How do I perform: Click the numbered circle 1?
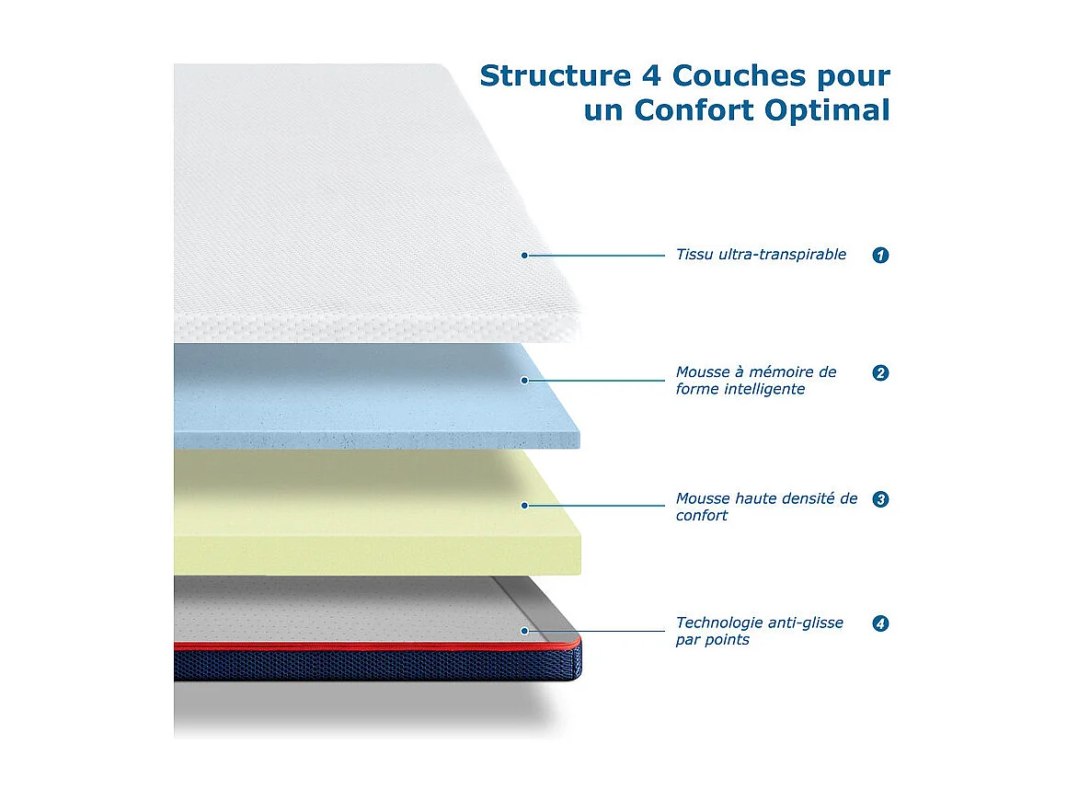coord(880,256)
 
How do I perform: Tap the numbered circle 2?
coord(880,373)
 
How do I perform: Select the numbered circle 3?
coord(880,500)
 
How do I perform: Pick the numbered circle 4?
coord(880,623)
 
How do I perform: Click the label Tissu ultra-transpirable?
coord(761,255)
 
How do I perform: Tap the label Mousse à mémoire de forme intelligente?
coord(756,381)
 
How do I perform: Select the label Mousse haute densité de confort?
coord(766,507)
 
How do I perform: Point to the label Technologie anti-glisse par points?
coord(759,631)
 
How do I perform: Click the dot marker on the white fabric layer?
coord(524,256)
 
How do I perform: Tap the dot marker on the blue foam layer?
coord(524,380)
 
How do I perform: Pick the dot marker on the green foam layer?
coord(524,505)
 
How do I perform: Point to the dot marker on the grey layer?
coord(524,631)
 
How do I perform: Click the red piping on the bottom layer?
coord(368,646)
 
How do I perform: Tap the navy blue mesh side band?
coord(368,665)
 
